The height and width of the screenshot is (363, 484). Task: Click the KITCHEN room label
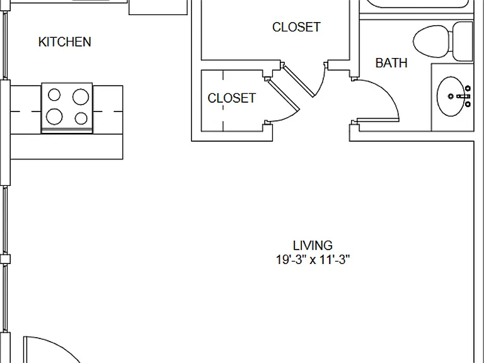(x=65, y=42)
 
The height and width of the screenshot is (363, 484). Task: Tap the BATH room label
(x=391, y=63)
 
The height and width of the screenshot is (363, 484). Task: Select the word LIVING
(x=313, y=246)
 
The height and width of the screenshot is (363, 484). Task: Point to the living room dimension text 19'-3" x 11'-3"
(x=313, y=260)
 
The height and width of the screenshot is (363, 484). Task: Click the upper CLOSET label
(x=296, y=27)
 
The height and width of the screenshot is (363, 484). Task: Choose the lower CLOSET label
(x=231, y=98)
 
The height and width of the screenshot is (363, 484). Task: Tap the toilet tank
(x=463, y=42)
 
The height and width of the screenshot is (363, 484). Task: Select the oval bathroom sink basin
(x=451, y=96)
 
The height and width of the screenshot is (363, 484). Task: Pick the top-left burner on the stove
(x=54, y=95)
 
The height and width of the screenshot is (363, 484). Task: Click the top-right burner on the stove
(x=81, y=97)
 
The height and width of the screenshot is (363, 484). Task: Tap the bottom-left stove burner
(x=54, y=117)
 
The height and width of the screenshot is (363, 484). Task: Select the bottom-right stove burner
(x=81, y=118)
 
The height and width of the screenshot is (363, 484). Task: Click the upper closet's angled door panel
(x=299, y=81)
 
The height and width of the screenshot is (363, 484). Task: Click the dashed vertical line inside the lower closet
(x=223, y=101)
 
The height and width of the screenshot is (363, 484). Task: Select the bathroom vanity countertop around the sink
(x=452, y=98)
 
